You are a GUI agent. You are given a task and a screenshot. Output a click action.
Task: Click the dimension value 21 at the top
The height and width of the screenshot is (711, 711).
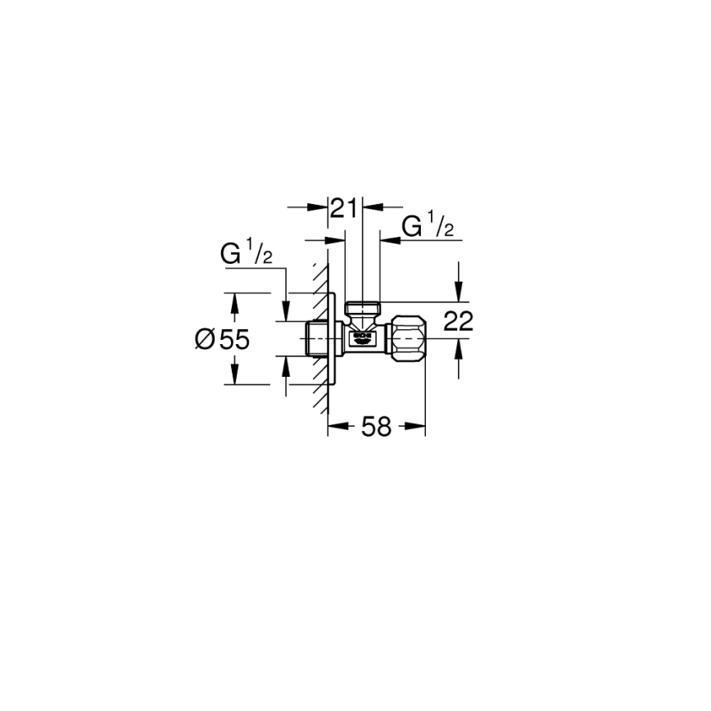click(345, 209)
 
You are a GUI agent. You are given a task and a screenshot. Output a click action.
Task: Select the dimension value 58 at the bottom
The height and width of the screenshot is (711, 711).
click(377, 426)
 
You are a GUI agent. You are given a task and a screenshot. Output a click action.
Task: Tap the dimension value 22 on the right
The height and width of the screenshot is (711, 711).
click(459, 322)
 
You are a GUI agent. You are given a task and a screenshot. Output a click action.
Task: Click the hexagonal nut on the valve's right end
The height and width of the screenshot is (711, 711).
click(406, 337)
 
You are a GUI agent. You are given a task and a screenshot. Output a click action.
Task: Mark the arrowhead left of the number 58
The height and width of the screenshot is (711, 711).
click(336, 426)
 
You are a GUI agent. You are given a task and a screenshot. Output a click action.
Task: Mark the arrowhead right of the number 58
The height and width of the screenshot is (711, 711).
click(417, 426)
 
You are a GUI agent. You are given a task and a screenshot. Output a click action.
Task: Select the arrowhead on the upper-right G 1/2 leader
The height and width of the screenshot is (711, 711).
click(387, 240)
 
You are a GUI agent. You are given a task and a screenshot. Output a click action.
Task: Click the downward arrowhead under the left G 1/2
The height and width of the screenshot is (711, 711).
click(285, 315)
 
